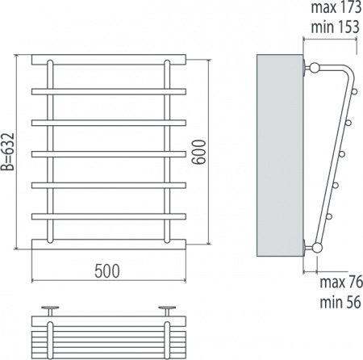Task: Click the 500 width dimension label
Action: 107,271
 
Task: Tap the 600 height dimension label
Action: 199,152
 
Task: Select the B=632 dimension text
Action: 7,152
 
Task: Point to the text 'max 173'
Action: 336,7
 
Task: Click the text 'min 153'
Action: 336,27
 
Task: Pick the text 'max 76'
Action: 341,283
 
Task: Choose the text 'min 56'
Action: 340,302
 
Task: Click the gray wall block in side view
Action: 280,155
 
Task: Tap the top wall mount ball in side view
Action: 314,67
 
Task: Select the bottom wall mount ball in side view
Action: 317,248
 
